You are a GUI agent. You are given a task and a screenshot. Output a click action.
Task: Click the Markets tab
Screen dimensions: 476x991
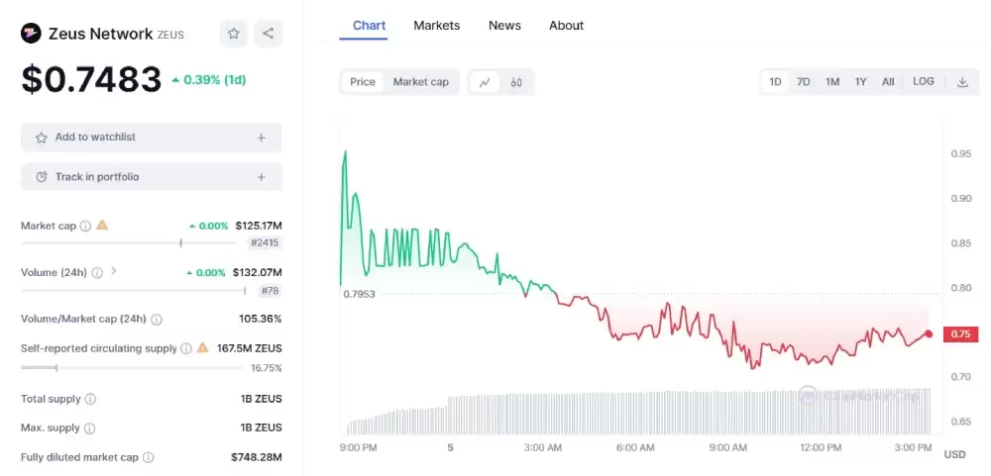436,25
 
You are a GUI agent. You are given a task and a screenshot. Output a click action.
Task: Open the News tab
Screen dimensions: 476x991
504,25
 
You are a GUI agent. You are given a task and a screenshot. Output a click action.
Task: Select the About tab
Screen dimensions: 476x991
566,25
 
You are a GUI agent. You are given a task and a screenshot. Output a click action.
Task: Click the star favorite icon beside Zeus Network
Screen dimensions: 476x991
234,34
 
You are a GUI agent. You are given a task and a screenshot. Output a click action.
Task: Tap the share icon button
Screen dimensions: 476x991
269,34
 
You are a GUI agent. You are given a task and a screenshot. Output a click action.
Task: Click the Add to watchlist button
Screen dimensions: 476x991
151,138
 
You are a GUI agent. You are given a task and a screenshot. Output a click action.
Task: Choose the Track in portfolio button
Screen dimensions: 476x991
151,177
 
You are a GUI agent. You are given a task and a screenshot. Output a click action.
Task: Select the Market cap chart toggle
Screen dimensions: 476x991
420,82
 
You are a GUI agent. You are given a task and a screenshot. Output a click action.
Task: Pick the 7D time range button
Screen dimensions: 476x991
804,82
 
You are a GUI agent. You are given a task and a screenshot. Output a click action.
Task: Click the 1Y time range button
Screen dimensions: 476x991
861,82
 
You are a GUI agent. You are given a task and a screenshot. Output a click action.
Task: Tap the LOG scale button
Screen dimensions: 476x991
923,82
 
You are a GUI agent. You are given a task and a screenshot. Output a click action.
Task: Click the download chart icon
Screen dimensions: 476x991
962,82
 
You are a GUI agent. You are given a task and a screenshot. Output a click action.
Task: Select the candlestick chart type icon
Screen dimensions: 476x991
516,82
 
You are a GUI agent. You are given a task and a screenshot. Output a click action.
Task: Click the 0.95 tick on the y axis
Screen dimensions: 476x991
960,153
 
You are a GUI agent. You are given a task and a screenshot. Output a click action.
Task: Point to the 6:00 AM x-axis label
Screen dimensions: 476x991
634,447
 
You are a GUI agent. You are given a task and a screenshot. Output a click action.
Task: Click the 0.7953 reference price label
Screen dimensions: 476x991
359,294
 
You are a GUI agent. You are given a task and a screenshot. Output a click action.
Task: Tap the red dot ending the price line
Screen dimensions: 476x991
929,334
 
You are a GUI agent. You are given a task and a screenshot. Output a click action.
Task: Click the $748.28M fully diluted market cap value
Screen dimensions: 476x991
256,457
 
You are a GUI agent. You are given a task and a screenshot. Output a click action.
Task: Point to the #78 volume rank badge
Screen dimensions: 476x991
269,291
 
